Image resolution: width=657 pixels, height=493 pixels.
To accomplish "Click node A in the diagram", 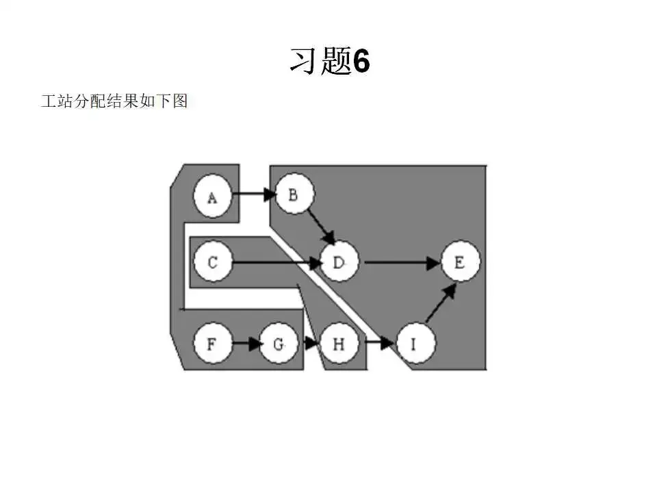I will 212,197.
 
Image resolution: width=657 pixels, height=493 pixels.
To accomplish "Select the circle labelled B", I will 294,195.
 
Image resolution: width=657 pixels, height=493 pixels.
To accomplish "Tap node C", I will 213,262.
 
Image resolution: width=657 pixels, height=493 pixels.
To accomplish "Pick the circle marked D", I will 340,262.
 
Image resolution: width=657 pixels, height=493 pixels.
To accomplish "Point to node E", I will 460,262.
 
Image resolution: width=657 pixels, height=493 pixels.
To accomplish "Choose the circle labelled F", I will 211,343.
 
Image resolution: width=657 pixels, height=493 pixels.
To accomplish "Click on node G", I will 279,344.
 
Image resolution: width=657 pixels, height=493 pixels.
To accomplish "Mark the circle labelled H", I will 338,343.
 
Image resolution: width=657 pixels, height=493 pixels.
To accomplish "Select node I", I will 415,344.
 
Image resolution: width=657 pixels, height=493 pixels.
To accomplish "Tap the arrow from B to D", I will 320,228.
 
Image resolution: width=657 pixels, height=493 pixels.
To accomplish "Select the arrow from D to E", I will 401,262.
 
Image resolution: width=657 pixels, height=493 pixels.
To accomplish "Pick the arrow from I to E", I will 440,303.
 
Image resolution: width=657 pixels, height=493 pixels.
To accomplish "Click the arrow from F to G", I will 247,344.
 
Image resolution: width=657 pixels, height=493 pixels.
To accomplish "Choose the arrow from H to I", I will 381,343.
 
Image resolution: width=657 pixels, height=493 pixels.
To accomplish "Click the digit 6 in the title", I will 361,62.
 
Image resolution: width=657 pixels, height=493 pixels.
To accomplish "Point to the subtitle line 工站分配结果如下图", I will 114,102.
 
